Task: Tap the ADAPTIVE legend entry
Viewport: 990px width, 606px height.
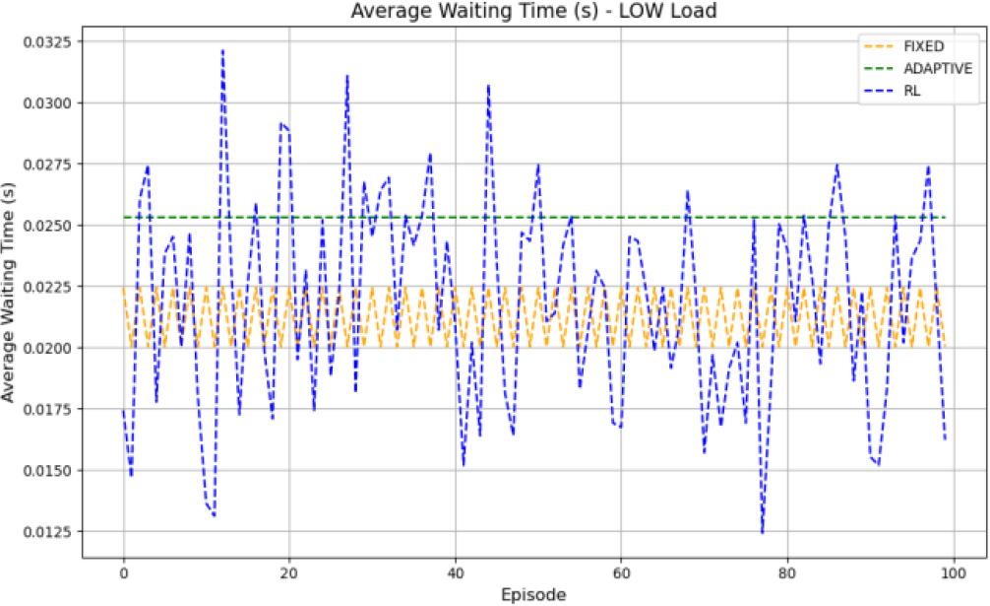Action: click(930, 68)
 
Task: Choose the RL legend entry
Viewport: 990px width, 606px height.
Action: click(911, 91)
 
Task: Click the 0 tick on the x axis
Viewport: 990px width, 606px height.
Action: click(123, 571)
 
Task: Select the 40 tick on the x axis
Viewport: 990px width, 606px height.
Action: click(455, 571)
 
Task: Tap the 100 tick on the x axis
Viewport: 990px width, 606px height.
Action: click(953, 571)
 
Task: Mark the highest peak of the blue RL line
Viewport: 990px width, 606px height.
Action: click(222, 49)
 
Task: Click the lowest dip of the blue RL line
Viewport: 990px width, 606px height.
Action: click(762, 533)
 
